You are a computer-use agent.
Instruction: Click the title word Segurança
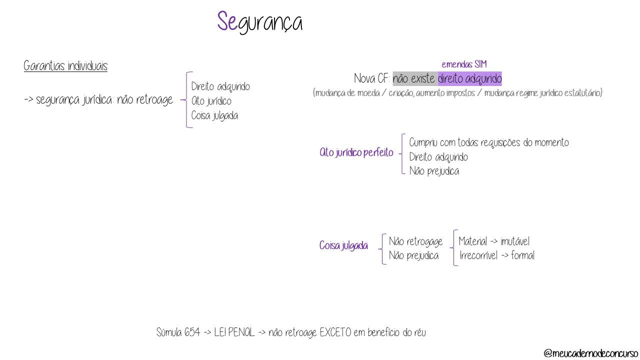(259, 22)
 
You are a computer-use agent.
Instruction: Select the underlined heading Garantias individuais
(65, 66)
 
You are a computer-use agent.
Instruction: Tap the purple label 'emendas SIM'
(464, 64)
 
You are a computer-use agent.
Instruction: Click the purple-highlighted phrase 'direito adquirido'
(469, 79)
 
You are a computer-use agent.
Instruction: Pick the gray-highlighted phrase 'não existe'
(414, 79)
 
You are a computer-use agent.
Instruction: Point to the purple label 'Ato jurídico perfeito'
(356, 153)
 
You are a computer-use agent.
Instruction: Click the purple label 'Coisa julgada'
(343, 246)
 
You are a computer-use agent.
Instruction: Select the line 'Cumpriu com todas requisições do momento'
(488, 143)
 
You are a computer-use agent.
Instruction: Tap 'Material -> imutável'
(494, 241)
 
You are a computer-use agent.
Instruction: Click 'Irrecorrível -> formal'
(497, 256)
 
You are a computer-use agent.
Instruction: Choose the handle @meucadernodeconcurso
(590, 353)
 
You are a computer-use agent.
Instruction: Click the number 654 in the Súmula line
(192, 332)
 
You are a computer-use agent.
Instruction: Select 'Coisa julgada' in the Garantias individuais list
(214, 116)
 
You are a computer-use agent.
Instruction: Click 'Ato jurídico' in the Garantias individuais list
(211, 101)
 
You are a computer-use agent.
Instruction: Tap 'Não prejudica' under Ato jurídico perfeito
(434, 171)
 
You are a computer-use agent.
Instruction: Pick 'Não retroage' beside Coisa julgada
(415, 242)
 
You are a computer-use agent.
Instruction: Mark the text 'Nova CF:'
(371, 79)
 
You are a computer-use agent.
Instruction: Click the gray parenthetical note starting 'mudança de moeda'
(457, 93)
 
